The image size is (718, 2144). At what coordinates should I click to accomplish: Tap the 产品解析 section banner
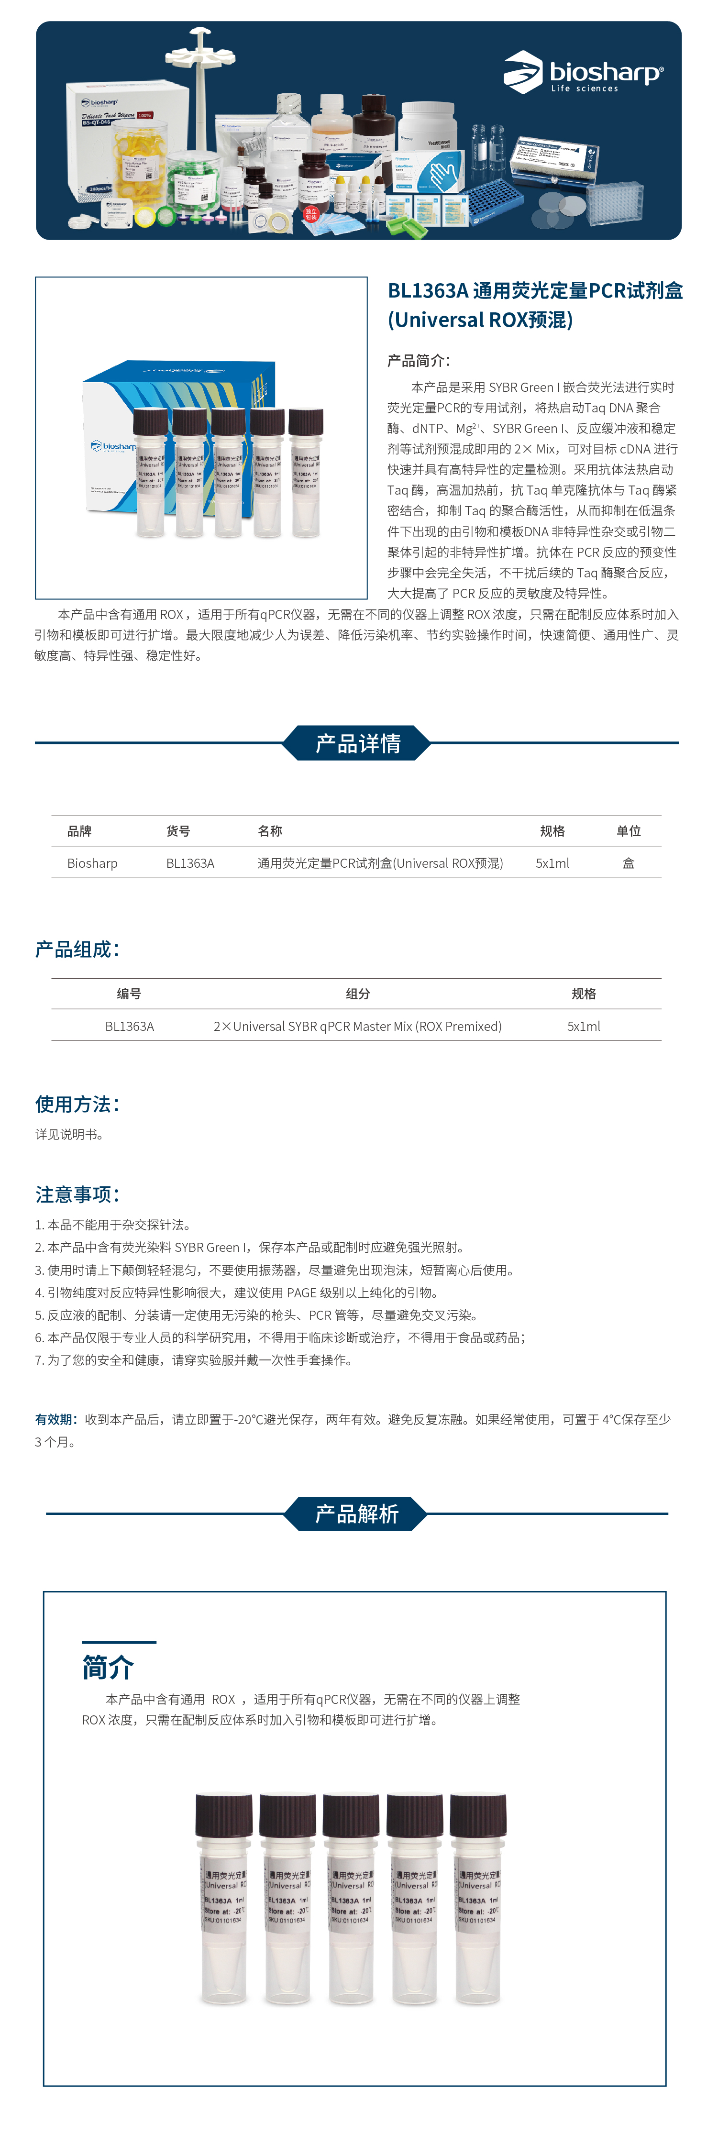pyautogui.click(x=356, y=1513)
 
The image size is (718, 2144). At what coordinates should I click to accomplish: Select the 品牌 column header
pyautogui.click(x=80, y=830)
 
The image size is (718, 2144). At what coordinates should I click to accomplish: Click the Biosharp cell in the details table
pyautogui.click(x=92, y=863)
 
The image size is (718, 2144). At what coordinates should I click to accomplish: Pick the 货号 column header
pyautogui.click(x=178, y=830)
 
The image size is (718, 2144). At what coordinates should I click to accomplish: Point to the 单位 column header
pyautogui.click(x=628, y=830)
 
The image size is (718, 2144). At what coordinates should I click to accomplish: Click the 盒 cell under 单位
pyautogui.click(x=628, y=863)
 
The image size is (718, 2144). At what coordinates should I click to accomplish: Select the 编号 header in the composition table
pyautogui.click(x=129, y=994)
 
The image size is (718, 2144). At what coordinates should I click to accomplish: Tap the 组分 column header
pyautogui.click(x=358, y=994)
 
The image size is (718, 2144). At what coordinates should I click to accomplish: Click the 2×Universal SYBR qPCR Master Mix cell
pyautogui.click(x=358, y=1026)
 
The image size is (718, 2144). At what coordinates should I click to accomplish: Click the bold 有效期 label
pyautogui.click(x=56, y=1419)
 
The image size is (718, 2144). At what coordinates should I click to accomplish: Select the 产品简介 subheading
pyautogui.click(x=419, y=360)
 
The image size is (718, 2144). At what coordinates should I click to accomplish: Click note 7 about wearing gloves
pyautogui.click(x=193, y=1360)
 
